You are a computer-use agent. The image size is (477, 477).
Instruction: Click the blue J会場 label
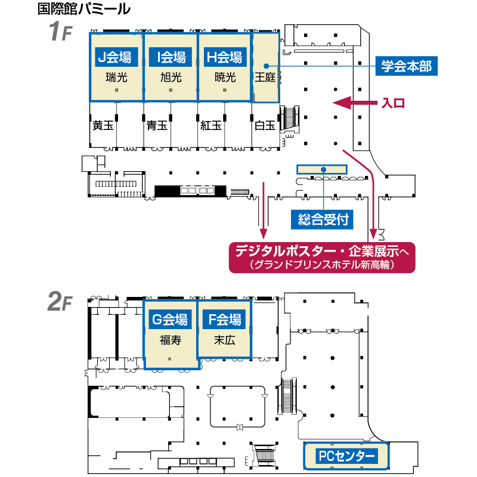(116, 57)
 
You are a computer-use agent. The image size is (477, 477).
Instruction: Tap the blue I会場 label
(171, 57)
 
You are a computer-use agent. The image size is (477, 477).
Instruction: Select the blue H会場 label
(225, 57)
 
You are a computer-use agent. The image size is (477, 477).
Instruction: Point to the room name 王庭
(265, 78)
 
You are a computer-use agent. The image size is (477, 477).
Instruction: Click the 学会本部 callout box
(407, 66)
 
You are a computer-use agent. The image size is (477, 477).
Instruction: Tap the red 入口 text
(393, 103)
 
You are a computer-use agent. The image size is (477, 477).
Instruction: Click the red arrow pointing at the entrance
(355, 103)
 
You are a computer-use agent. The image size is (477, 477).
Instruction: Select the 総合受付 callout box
(322, 219)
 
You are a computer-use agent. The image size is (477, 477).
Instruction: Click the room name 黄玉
(103, 125)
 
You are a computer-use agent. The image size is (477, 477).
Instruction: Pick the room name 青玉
(157, 125)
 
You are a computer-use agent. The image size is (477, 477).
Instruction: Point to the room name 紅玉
(211, 125)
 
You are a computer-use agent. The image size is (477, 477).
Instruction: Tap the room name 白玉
(265, 125)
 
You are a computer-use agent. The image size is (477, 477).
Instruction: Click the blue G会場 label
(170, 320)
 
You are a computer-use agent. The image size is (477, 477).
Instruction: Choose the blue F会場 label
(225, 320)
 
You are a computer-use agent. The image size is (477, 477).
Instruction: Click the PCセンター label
(346, 456)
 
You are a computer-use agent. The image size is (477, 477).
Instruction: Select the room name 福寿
(171, 340)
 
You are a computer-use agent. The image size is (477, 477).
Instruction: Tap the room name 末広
(225, 340)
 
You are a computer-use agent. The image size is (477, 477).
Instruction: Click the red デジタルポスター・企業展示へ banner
(322, 258)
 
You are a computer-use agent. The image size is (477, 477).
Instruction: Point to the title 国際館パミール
(84, 9)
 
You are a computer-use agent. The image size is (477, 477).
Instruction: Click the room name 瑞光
(116, 78)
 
